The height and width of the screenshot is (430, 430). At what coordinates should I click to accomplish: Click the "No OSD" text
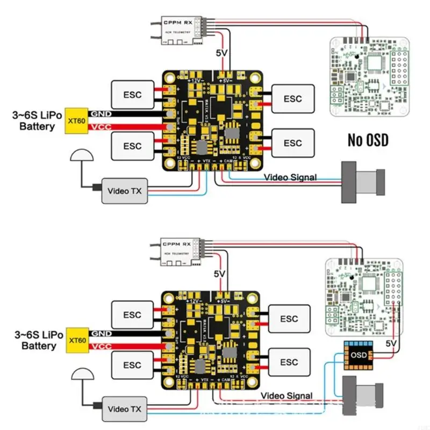coord(368,140)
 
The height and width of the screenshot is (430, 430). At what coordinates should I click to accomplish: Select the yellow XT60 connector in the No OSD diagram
coord(76,120)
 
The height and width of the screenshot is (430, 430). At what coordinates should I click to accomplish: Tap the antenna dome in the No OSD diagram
coord(81,157)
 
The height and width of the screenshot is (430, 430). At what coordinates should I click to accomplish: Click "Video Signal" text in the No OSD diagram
coord(290,177)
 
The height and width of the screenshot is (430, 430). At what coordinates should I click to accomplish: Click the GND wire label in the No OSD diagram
coord(101,114)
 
